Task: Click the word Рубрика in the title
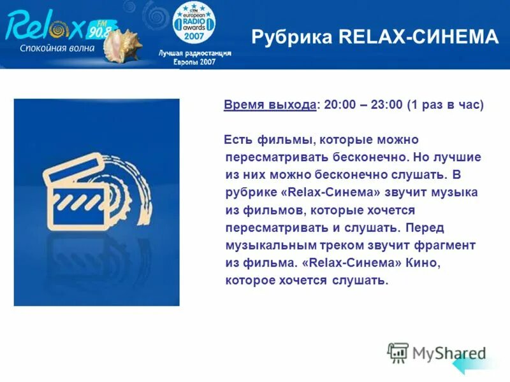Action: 292,38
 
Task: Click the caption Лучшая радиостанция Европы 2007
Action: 195,57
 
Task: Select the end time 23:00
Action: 386,105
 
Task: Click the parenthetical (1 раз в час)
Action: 446,105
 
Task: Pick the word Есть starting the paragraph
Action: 238,139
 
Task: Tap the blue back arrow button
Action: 468,365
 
